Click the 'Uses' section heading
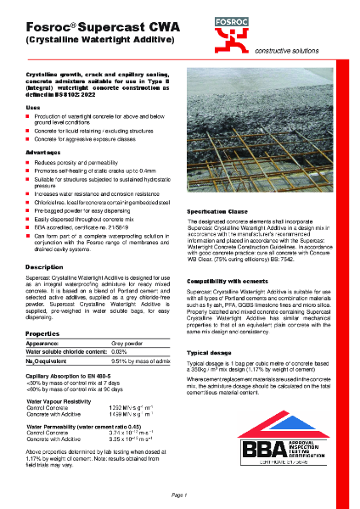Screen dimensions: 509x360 coord(32,109)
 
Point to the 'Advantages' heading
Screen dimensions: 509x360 coord(42,151)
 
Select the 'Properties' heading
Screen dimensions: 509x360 coord(42,310)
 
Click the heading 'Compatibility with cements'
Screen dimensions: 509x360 coord(228,280)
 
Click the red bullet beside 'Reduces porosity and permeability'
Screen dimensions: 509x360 coord(28,161)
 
